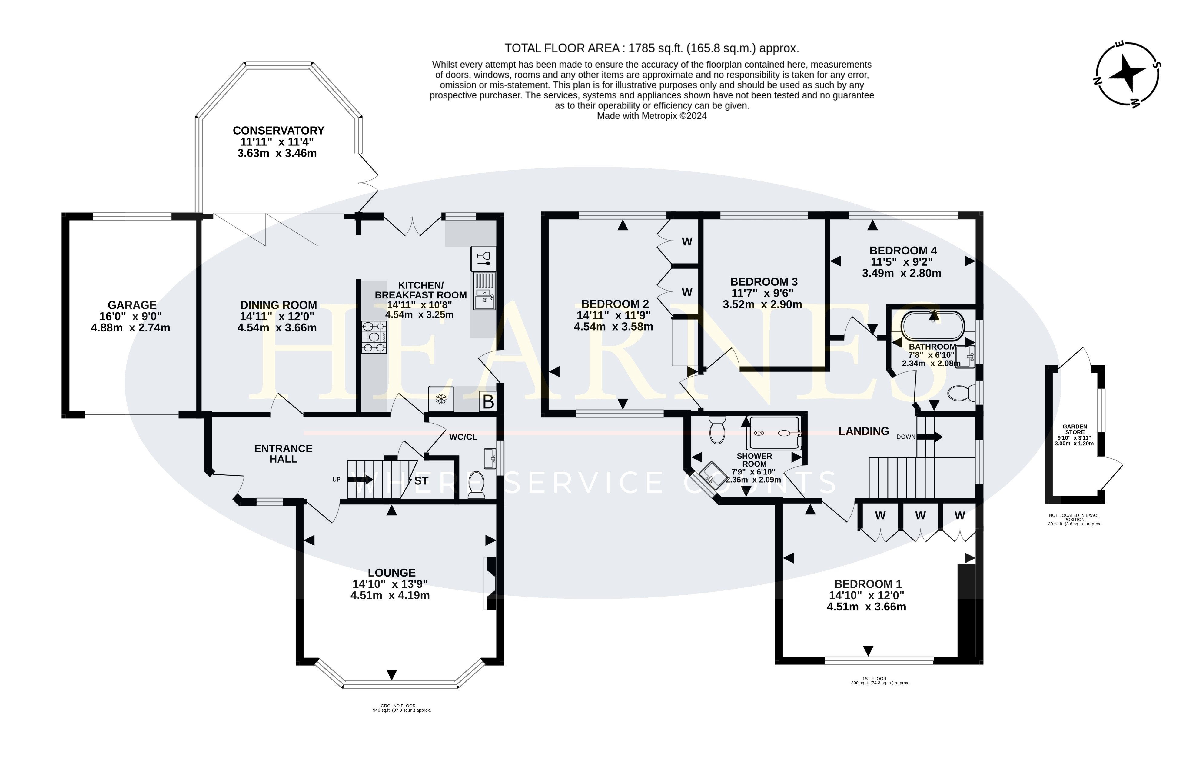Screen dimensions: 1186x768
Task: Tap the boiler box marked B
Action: click(x=488, y=402)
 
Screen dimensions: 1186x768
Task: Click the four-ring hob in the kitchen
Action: click(x=374, y=337)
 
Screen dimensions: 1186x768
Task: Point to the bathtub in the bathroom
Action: click(x=932, y=325)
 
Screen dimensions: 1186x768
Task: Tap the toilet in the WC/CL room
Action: click(x=477, y=485)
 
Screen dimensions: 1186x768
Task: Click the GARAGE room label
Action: click(x=132, y=305)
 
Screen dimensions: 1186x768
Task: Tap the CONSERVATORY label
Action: click(x=279, y=131)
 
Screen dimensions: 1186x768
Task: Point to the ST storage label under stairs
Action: click(x=421, y=481)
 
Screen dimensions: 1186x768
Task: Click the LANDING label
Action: click(x=864, y=431)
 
